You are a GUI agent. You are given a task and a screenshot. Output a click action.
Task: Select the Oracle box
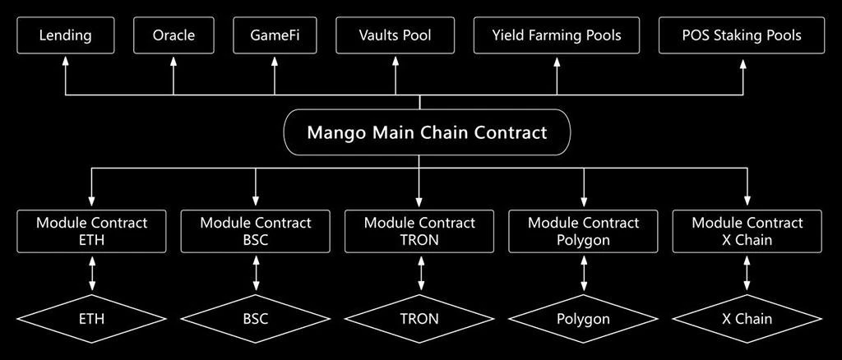[x=173, y=35]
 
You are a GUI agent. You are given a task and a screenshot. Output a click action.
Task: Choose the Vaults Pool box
[x=395, y=35]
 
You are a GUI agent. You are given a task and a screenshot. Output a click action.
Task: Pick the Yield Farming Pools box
[x=557, y=35]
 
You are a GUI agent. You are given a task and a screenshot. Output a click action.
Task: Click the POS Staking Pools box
[x=742, y=35]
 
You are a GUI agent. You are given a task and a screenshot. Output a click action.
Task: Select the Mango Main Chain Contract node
[x=427, y=132]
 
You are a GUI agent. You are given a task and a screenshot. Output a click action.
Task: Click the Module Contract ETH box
[x=92, y=231]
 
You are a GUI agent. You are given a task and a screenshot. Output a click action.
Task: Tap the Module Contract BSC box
[x=256, y=231]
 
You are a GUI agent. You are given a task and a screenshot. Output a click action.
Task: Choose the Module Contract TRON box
[x=419, y=231]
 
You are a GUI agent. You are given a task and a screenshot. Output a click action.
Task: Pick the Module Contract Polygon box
[x=583, y=231]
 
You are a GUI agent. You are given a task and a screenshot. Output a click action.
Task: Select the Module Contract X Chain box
[x=747, y=231]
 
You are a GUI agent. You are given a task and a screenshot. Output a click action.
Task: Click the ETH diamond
[x=92, y=318]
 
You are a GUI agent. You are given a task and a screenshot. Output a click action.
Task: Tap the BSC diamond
[x=256, y=318]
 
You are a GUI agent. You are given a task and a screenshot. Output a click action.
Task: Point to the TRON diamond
[x=419, y=318]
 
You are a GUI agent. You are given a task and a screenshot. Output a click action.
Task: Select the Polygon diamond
[x=583, y=318]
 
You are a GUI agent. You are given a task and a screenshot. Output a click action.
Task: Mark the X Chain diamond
[x=747, y=318]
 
